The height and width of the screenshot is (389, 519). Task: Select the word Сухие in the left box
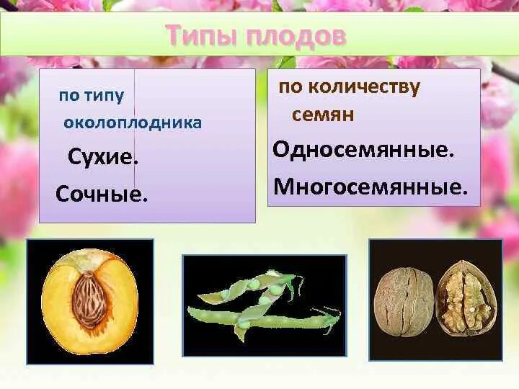(100, 158)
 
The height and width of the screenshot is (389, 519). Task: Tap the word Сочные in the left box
(99, 194)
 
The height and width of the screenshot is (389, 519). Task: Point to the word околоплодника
(133, 123)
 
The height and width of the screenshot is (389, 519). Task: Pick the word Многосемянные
(368, 187)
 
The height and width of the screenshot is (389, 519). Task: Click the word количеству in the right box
(364, 88)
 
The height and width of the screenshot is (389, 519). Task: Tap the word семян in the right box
(323, 115)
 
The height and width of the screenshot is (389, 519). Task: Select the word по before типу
(70, 97)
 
